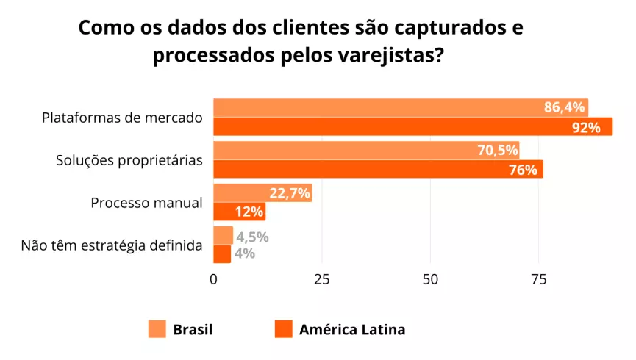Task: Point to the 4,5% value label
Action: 252,237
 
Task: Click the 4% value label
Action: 246,253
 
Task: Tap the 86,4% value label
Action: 563,108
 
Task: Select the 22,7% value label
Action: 290,194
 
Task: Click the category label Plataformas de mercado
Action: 122,118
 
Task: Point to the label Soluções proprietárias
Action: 129,160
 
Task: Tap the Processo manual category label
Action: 146,203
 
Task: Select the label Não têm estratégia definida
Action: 112,245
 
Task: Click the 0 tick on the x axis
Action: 213,279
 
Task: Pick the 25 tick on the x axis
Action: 321,279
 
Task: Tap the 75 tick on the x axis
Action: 538,279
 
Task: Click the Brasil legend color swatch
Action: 157,329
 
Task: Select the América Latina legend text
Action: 351,329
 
